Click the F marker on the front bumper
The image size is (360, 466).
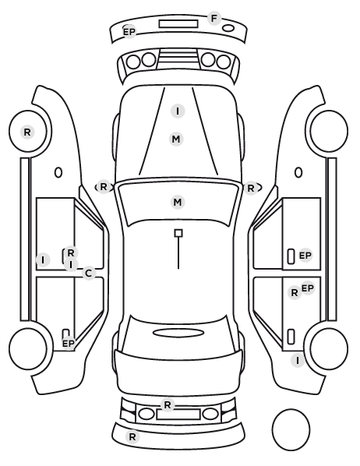[214, 19]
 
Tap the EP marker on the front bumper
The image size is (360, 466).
[129, 31]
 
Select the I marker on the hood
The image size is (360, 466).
[178, 111]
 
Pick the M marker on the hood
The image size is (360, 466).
[176, 139]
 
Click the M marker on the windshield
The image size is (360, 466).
[178, 203]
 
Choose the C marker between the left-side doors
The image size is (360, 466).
[89, 273]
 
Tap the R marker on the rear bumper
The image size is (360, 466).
[132, 436]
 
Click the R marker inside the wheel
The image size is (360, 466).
[27, 132]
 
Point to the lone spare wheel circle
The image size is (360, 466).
[291, 429]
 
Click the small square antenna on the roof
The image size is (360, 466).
[178, 233]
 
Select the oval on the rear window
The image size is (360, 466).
[178, 333]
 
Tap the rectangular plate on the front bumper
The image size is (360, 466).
[178, 24]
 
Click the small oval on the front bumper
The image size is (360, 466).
[228, 28]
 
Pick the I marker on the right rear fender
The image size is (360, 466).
[298, 360]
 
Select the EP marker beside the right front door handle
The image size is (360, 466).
[305, 256]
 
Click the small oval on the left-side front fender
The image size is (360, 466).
[58, 172]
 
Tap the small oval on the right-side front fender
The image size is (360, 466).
[298, 172]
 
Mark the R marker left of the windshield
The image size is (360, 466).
[103, 187]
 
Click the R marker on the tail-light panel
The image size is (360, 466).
[168, 404]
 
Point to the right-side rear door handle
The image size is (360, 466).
[291, 337]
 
